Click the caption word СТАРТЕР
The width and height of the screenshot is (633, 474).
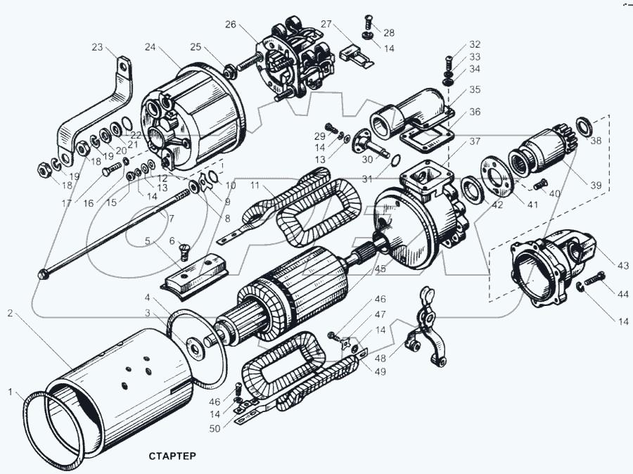pyautogui.click(x=172, y=456)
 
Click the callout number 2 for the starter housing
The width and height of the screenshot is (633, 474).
pyautogui.click(x=10, y=313)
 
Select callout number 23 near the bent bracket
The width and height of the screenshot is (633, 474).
pyautogui.click(x=97, y=47)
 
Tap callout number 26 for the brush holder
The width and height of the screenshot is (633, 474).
pyautogui.click(x=231, y=25)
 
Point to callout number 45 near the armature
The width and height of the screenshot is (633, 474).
pyautogui.click(x=381, y=269)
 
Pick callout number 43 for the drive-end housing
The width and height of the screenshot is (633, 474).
pyautogui.click(x=623, y=265)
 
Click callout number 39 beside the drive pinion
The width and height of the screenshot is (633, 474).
pyautogui.click(x=596, y=185)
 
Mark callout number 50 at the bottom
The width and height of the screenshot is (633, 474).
pyautogui.click(x=215, y=428)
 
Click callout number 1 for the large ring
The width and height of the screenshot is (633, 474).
pyautogui.click(x=11, y=392)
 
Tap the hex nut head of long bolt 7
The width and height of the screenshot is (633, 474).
pyautogui.click(x=42, y=274)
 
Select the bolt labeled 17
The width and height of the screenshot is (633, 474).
pyautogui.click(x=112, y=169)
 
